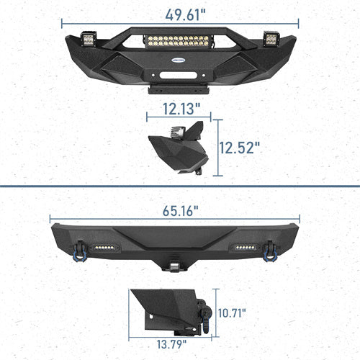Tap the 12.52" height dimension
[240, 148]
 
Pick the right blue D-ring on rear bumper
[272, 250]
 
